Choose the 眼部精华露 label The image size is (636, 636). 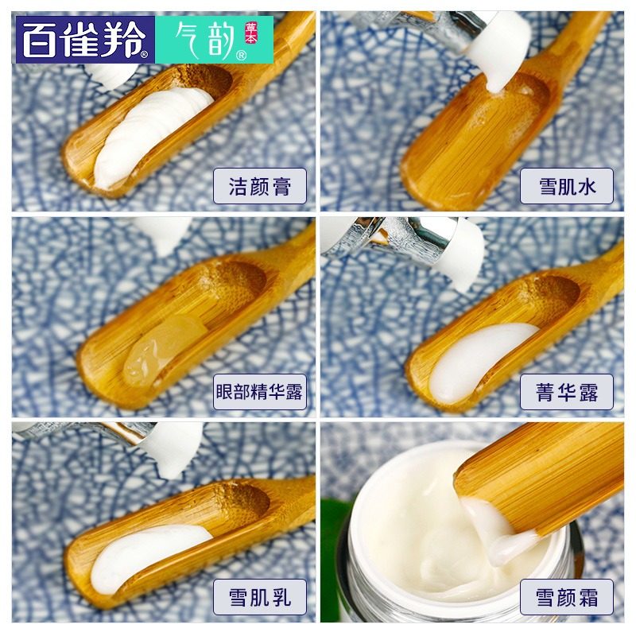[x=259, y=391]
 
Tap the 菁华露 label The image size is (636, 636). [x=566, y=391]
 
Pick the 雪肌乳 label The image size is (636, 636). [x=259, y=596]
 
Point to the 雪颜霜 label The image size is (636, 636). [x=566, y=596]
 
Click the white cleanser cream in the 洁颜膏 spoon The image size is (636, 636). [x=151, y=135]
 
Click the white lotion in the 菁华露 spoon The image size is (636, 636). [x=477, y=362]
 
